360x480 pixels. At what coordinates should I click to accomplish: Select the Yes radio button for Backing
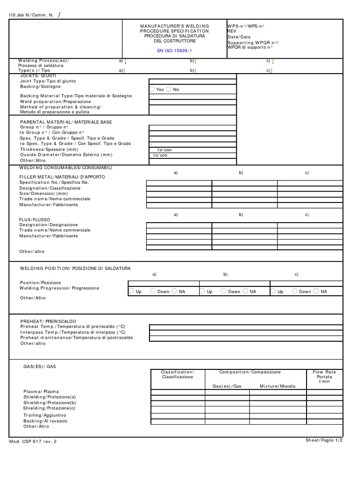(152, 89)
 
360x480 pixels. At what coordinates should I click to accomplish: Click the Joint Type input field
(193, 81)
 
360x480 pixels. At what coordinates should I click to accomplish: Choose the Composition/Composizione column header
(250, 372)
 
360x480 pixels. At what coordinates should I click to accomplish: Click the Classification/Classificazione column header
(177, 374)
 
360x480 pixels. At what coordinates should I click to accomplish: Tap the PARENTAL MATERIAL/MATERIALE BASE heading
(66, 122)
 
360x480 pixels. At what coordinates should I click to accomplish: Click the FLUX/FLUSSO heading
(34, 219)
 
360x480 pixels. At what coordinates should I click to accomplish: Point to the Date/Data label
(239, 36)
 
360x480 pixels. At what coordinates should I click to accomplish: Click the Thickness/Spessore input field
(193, 150)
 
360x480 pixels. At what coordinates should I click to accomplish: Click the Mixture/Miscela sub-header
(276, 386)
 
